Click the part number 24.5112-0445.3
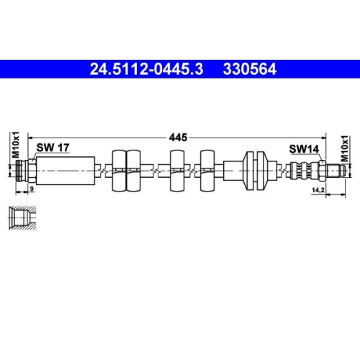(146, 69)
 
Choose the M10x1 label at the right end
(346, 147)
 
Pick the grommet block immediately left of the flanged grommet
(208, 170)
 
